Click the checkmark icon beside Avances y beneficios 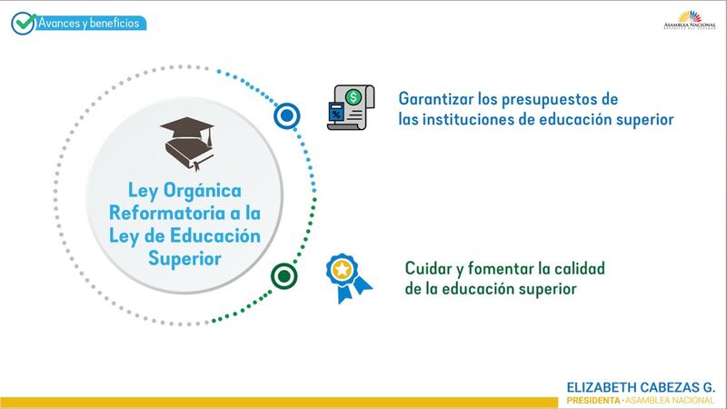click(24, 24)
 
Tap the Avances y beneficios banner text click(88, 23)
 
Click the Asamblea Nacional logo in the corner click(690, 20)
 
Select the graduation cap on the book click(187, 129)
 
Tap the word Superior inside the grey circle click(184, 259)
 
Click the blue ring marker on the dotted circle click(286, 116)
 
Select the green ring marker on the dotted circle click(284, 276)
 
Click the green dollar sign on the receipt click(354, 97)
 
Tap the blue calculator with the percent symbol click(336, 112)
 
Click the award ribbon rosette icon click(348, 278)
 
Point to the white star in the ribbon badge click(342, 269)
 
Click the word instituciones click(468, 120)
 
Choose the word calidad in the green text click(580, 268)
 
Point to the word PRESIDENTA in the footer click(593, 400)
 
